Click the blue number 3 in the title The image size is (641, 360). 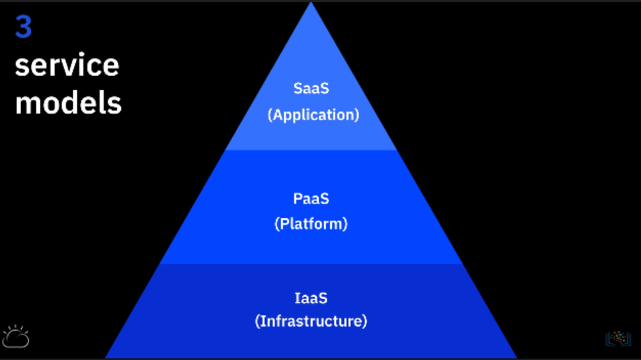[24, 29]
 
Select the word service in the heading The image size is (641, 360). [67, 66]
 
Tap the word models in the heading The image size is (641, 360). [68, 103]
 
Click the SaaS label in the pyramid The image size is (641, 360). [311, 89]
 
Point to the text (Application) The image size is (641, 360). [313, 115]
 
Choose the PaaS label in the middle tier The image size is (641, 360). [311, 198]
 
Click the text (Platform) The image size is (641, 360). [311, 223]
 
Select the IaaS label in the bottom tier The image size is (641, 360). [311, 298]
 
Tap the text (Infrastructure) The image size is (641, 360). [311, 320]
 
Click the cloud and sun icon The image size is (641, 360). [16, 336]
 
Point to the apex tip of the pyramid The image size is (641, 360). [311, 3]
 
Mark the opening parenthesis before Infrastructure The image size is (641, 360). [258, 320]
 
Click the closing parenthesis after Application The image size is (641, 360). [356, 115]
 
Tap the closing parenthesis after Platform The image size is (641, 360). [345, 223]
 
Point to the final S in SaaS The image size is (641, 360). [325, 89]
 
